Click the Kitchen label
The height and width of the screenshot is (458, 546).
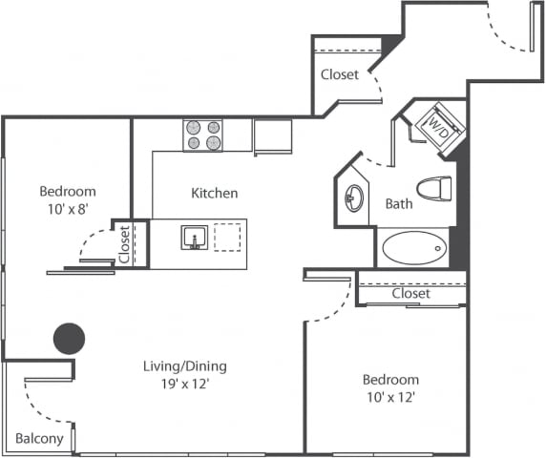(x=215, y=193)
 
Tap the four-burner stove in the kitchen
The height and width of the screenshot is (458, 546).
(x=202, y=135)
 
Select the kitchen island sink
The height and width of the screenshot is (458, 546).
(x=194, y=237)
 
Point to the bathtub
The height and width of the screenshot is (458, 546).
(x=414, y=249)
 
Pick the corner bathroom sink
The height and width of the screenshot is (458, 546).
(x=354, y=198)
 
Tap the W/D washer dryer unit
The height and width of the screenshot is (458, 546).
(x=437, y=128)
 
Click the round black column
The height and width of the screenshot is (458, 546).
(x=69, y=337)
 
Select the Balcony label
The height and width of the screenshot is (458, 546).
(x=39, y=439)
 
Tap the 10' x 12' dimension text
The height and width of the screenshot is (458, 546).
(x=390, y=397)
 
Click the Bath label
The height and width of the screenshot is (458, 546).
(x=399, y=204)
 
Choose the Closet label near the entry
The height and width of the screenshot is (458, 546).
(x=340, y=74)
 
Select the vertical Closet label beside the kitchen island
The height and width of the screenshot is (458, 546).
(x=124, y=243)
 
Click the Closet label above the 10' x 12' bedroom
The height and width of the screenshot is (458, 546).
(x=410, y=294)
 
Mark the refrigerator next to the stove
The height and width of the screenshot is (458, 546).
(x=272, y=135)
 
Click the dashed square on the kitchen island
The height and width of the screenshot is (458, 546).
(x=227, y=237)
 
